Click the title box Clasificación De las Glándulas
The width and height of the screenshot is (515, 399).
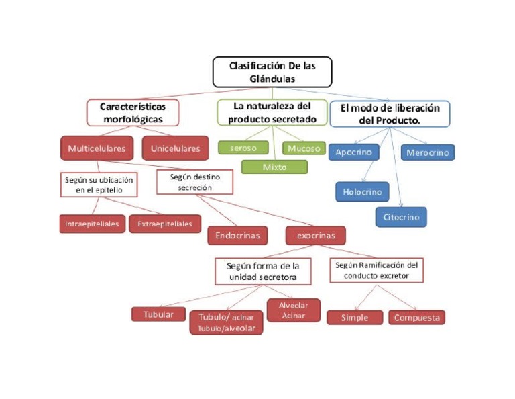pos(272,72)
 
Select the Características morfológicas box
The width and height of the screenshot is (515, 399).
pos(133,113)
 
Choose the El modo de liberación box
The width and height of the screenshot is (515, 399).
pos(390,114)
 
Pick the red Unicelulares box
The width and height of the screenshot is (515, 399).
pos(175,148)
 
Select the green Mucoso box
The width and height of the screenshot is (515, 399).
pos(303,148)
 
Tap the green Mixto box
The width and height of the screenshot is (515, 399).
pos(274,166)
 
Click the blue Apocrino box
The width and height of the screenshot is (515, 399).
pos(354,152)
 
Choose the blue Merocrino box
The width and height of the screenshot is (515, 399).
pos(427,152)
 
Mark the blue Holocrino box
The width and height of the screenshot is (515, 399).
pos(361,191)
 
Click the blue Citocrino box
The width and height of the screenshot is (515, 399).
pos(400,217)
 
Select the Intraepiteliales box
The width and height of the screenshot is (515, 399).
pos(92,224)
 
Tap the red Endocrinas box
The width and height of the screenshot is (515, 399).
pos(237,235)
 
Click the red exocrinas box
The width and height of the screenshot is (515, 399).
pos(315,235)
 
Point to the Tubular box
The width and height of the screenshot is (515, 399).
pos(158,314)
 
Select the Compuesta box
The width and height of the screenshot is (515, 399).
pos(416,317)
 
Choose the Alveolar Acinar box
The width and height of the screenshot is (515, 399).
pos(294,310)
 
